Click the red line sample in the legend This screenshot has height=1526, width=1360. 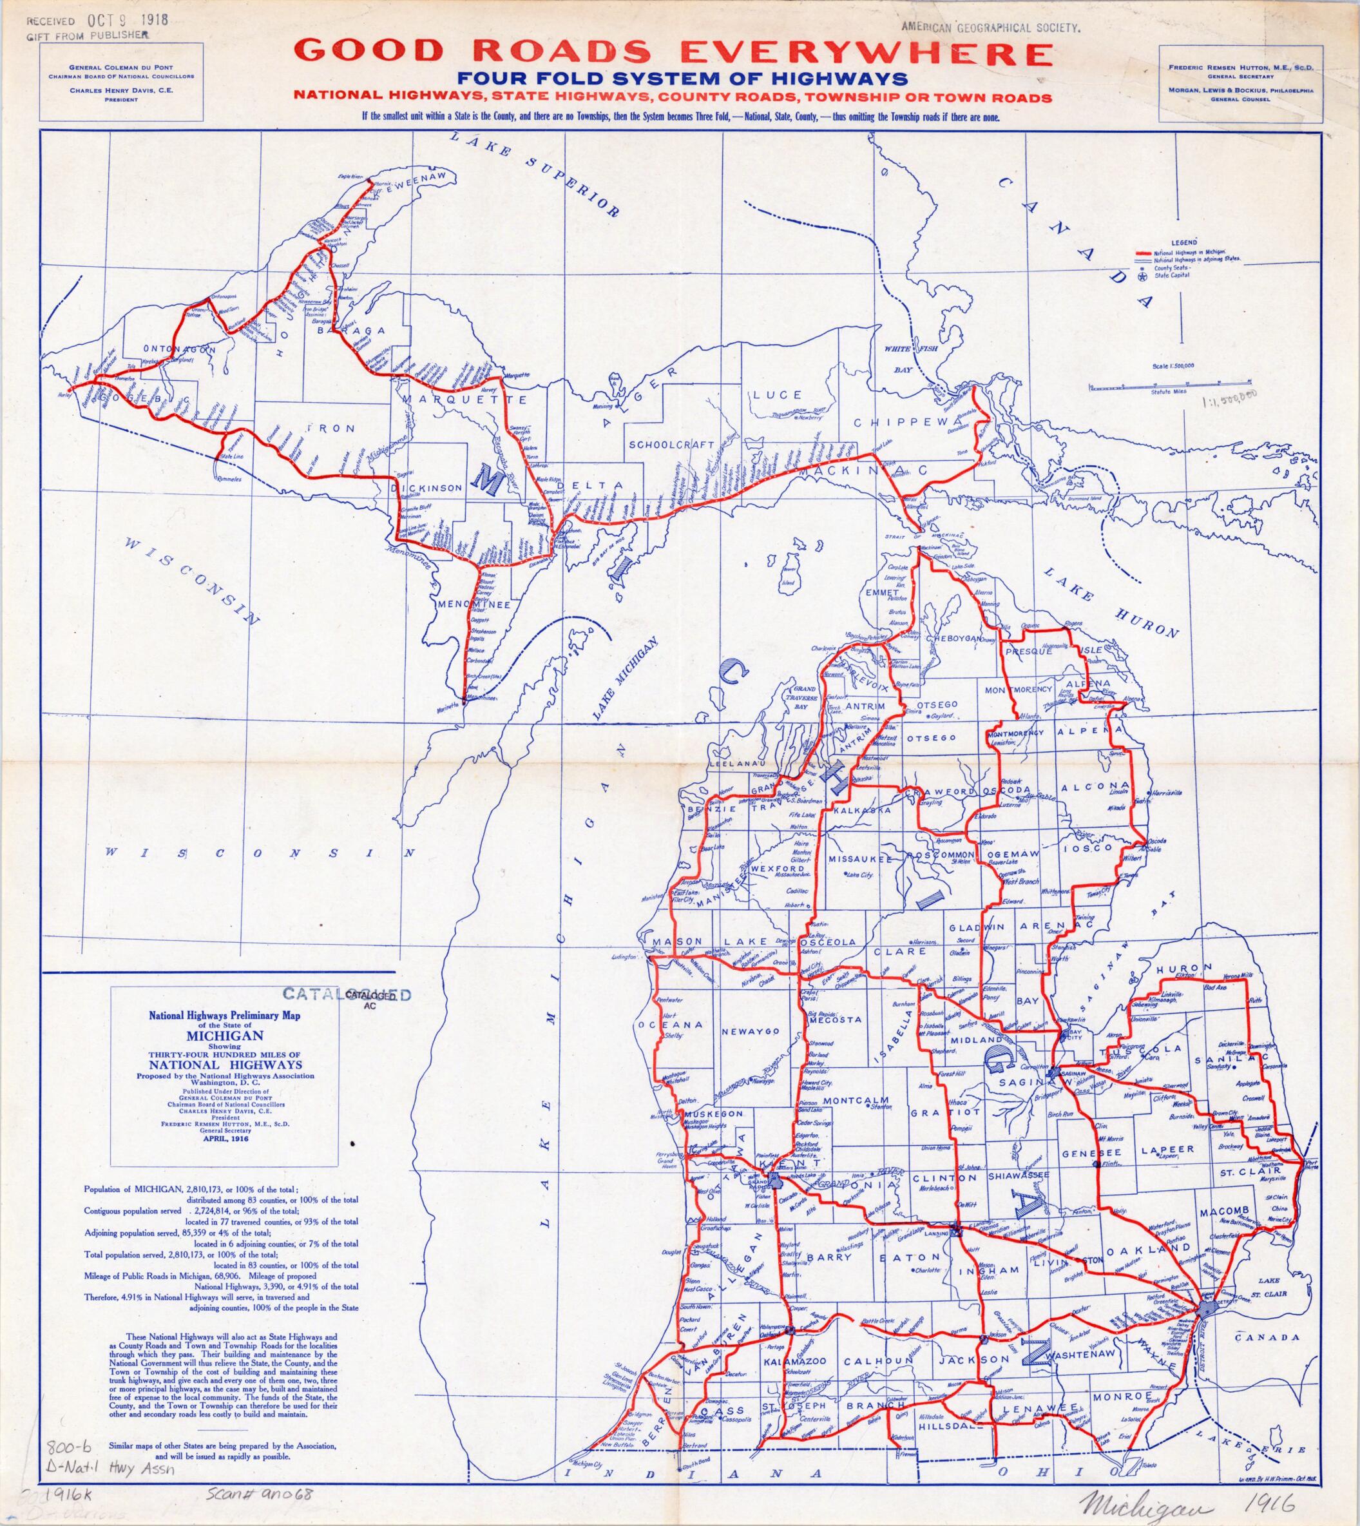point(1144,253)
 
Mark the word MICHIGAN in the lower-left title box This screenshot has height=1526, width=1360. point(225,1036)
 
